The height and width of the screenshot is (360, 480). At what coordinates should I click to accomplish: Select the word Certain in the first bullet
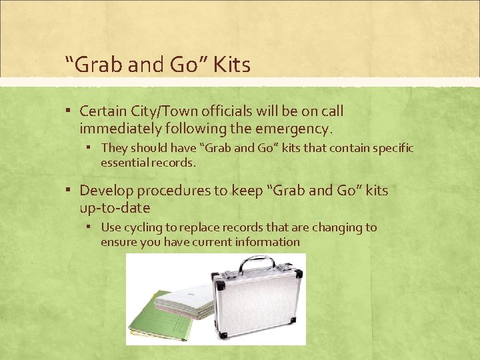pyautogui.click(x=103, y=111)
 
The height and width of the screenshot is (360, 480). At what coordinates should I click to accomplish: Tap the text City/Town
pyautogui.click(x=164, y=111)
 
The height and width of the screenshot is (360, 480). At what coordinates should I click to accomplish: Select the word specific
pyautogui.click(x=390, y=147)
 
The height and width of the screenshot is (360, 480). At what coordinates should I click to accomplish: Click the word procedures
pyautogui.click(x=177, y=191)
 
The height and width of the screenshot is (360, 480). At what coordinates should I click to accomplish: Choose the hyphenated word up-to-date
pyautogui.click(x=115, y=207)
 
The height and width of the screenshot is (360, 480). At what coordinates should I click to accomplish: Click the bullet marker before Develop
pyautogui.click(x=71, y=191)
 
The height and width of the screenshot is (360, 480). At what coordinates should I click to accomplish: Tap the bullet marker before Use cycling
pyautogui.click(x=92, y=227)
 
